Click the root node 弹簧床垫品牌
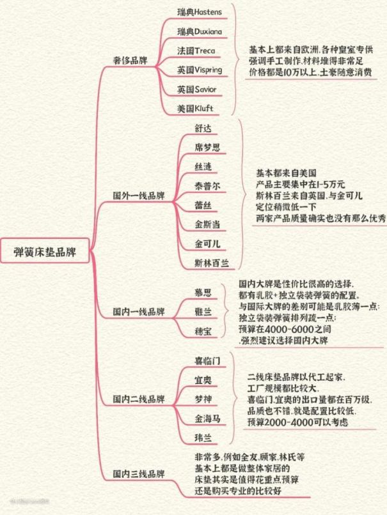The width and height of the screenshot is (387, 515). coord(45,251)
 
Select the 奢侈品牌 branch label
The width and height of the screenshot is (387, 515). coord(130,61)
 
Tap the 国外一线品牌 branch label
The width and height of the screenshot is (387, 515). coord(139,196)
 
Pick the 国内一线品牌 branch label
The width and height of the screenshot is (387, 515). coord(139,311)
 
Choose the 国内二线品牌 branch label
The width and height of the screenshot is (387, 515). coord(139,399)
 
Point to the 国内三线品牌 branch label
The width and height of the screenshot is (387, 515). coord(139,474)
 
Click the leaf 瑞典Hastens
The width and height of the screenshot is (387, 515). coord(200,12)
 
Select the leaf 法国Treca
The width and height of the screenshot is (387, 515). coord(196,50)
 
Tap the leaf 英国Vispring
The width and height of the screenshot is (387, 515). coord(200,70)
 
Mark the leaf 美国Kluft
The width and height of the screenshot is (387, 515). coord(195,108)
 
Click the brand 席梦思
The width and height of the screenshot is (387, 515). coord(207,147)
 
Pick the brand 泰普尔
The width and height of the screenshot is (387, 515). coord(207,186)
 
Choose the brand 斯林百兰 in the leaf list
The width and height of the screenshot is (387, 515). coord(212,263)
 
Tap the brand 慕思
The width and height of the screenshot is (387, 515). coord(203,292)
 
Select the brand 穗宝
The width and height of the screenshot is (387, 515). coord(203,331)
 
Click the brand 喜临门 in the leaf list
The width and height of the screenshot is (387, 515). coord(207,360)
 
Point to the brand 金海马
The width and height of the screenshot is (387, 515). coord(207,419)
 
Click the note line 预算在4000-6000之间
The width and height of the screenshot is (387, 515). coord(285,329)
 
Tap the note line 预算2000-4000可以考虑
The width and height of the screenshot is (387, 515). coord(297,422)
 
